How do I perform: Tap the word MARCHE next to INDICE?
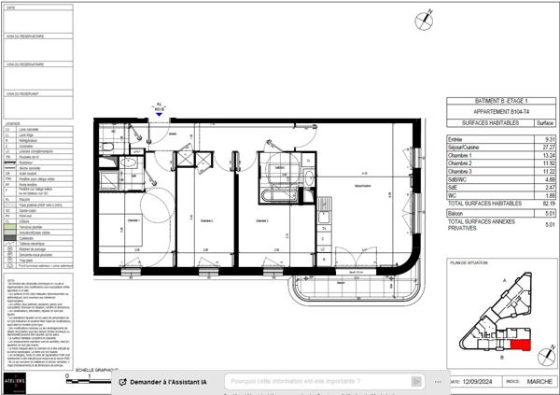tap(540, 381)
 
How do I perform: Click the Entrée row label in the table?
tap(456, 139)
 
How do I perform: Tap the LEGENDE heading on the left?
tap(12, 123)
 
